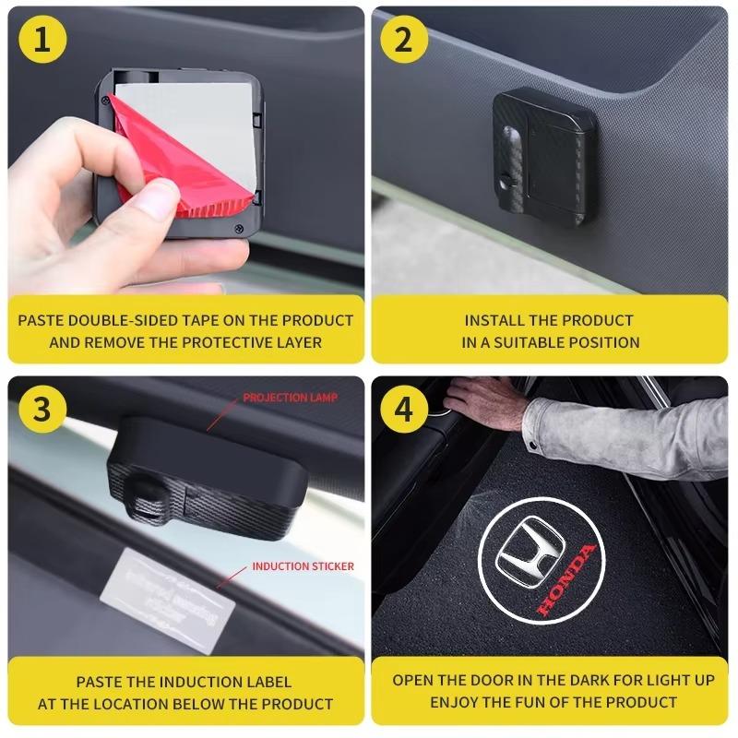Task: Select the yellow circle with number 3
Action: pos(41,409)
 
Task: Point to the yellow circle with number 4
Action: pos(404,409)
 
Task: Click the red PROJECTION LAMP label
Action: pos(291,398)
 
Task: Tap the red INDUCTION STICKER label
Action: pos(303,566)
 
